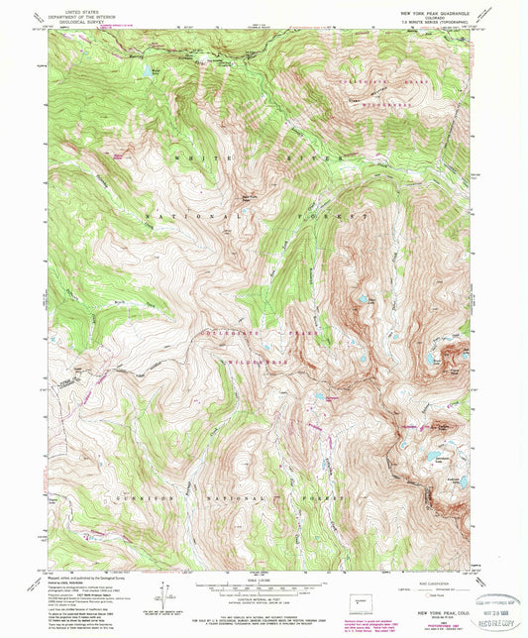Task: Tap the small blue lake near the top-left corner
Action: point(148,72)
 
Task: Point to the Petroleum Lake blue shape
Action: point(434,457)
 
